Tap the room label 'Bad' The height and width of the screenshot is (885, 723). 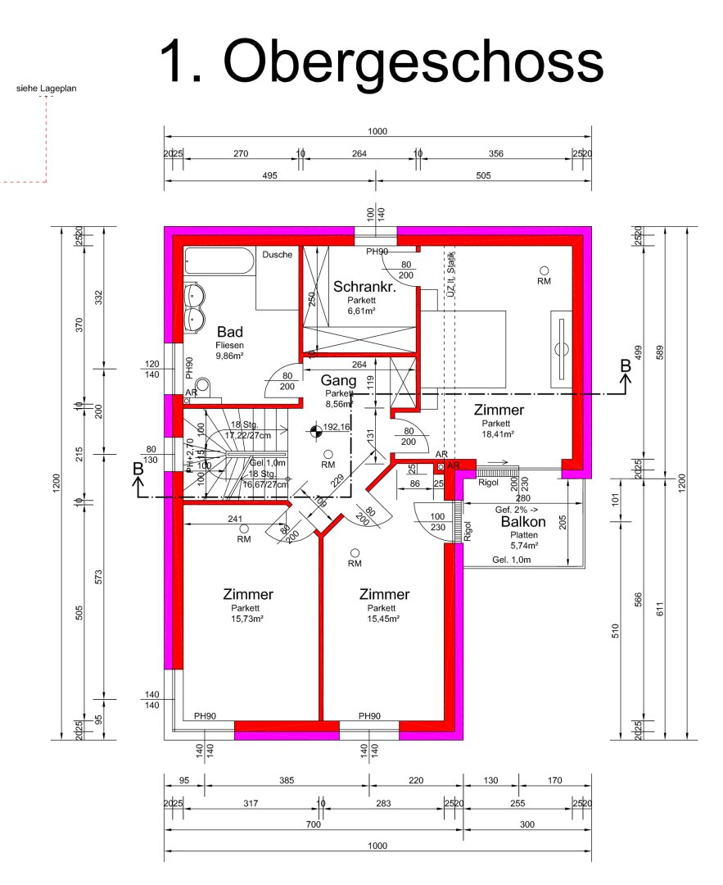[230, 332]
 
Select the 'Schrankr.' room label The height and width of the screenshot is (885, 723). [364, 287]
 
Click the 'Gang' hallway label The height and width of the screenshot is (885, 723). [337, 380]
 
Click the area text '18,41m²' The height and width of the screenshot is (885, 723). [497, 434]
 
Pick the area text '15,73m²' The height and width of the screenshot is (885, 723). [246, 619]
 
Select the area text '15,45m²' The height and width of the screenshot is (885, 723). [383, 619]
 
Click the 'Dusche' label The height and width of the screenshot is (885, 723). [277, 255]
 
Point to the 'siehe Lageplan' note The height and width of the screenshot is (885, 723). [47, 88]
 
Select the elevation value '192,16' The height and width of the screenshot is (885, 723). [337, 427]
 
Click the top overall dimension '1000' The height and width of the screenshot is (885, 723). [377, 132]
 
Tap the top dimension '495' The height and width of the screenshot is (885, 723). [270, 175]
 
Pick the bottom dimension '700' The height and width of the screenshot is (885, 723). [314, 824]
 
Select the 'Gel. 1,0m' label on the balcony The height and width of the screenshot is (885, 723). [512, 560]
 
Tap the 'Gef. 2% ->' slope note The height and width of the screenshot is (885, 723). [515, 509]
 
